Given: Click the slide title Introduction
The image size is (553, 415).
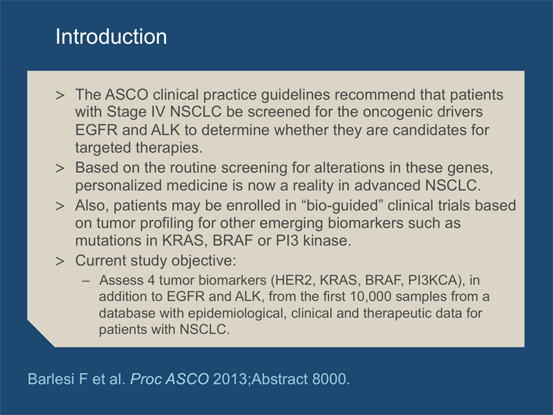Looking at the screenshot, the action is tap(111, 37).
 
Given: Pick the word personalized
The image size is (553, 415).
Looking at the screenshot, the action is tap(118, 185).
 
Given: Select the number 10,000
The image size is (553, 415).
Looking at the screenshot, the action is tap(371, 297).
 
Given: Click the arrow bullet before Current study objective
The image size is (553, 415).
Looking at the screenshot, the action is tap(60, 261).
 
